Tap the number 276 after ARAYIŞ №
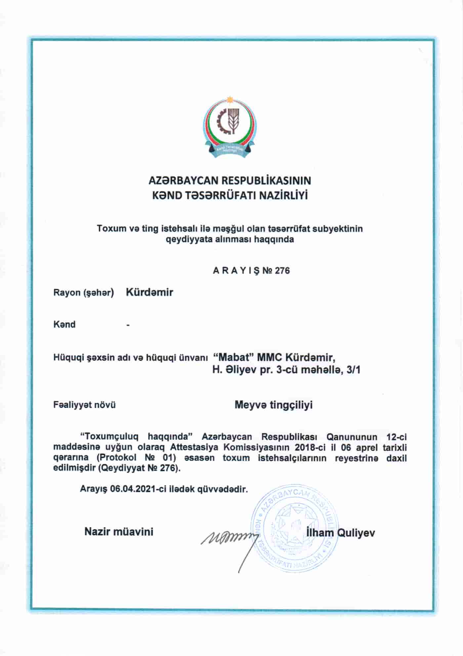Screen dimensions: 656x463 pyautogui.click(x=282, y=271)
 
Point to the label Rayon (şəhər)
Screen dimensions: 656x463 pyautogui.click(x=83, y=293)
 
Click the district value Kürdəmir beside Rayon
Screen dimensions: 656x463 pyautogui.click(x=149, y=292)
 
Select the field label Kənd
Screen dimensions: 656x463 pyautogui.click(x=64, y=324)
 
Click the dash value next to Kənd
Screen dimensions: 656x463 pyautogui.click(x=128, y=326)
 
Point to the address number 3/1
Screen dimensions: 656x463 pyautogui.click(x=353, y=370)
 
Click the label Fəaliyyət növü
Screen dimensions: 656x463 pyautogui.click(x=84, y=405)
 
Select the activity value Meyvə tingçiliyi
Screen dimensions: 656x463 pyautogui.click(x=274, y=405)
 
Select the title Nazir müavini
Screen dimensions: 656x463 pyautogui.click(x=119, y=531)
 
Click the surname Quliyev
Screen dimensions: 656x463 pyautogui.click(x=356, y=532)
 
